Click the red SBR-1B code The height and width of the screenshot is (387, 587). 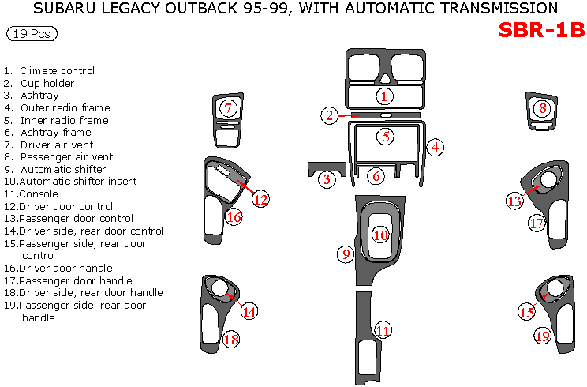(541, 30)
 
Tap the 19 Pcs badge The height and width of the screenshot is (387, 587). (32, 35)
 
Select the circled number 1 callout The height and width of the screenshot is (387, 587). (384, 96)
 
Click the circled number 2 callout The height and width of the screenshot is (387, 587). (330, 116)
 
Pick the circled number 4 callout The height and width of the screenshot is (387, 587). (435, 147)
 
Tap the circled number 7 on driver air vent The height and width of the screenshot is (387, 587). (227, 108)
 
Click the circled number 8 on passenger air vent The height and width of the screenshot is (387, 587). (542, 108)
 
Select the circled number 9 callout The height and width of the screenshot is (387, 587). (346, 254)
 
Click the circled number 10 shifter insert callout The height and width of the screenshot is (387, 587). (381, 235)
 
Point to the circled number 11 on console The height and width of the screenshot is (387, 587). (383, 330)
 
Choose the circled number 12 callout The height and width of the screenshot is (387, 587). (261, 198)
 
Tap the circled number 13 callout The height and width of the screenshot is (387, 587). (514, 201)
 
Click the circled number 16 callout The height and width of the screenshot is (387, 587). (234, 217)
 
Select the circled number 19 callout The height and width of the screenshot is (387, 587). (542, 336)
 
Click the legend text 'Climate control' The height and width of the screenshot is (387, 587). (57, 71)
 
